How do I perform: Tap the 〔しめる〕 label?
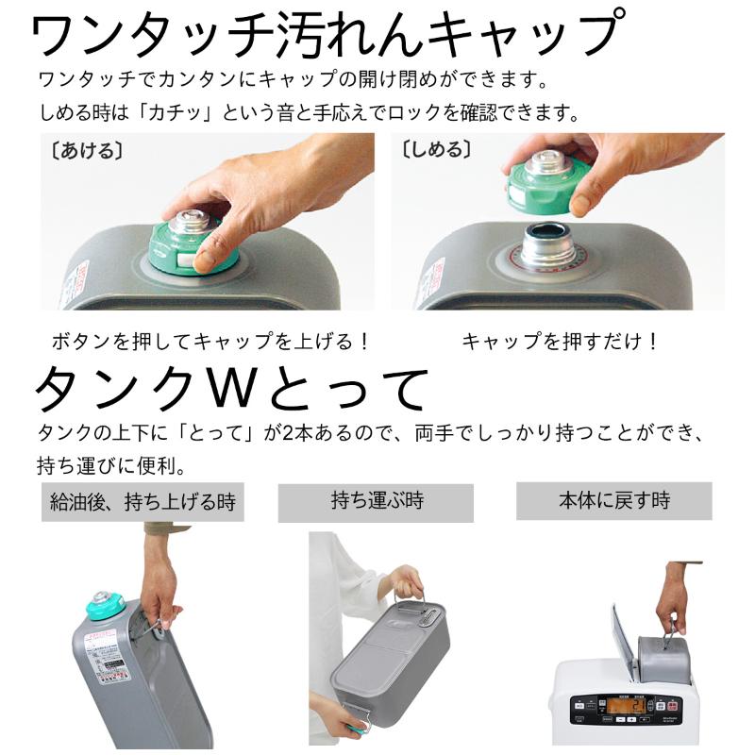click(436, 150)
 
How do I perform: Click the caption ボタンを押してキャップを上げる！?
click(209, 342)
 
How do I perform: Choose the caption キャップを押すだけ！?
click(560, 342)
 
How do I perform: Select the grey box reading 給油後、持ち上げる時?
click(143, 502)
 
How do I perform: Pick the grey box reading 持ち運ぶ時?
click(376, 502)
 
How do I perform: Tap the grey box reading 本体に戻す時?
click(613, 500)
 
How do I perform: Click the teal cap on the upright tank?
click(107, 605)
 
